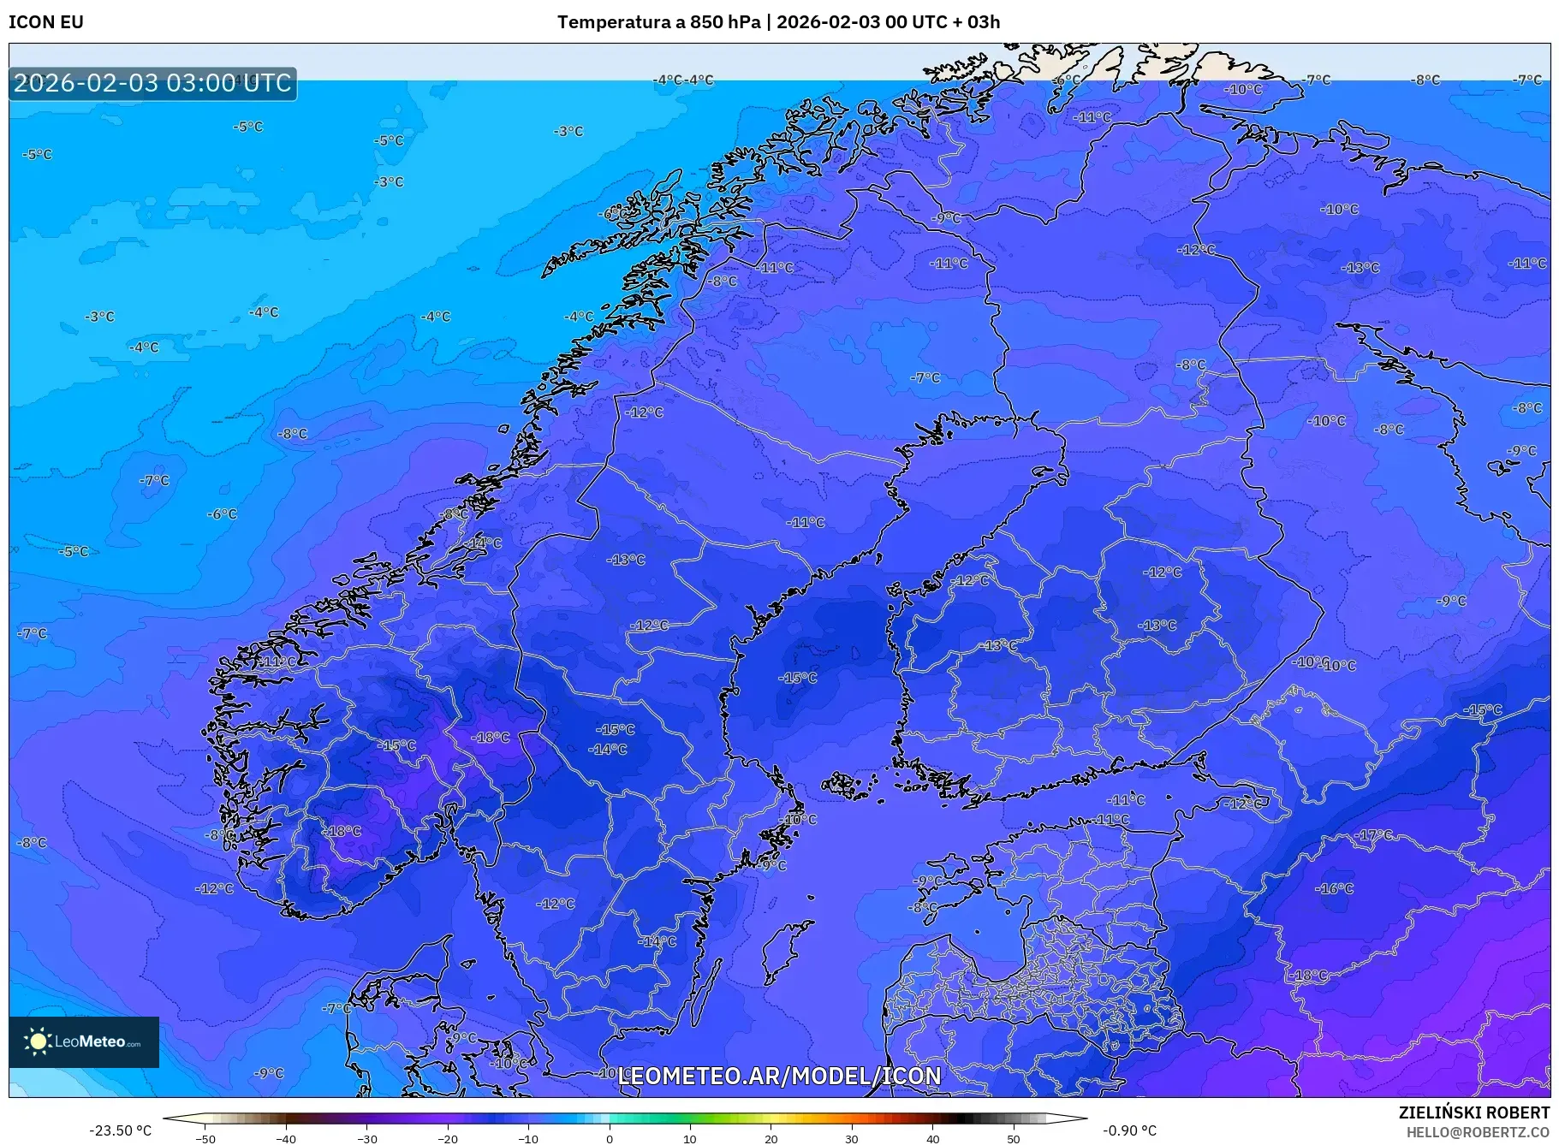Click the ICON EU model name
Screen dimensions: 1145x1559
point(46,22)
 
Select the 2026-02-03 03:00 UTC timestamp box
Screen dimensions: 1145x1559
point(152,84)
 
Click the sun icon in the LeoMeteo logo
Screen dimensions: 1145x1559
point(38,1041)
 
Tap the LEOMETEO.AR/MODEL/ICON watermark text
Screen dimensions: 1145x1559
point(779,1077)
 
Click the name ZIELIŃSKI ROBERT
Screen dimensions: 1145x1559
point(1473,1112)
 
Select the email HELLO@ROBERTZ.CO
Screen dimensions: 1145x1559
point(1478,1132)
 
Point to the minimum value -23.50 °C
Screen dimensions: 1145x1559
point(121,1130)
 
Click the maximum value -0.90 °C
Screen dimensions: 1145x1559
point(1129,1130)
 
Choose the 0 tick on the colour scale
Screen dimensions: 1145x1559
point(610,1139)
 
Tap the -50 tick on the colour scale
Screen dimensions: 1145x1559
point(205,1139)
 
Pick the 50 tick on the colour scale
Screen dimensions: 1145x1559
point(1014,1139)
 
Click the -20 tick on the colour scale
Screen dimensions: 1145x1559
point(448,1139)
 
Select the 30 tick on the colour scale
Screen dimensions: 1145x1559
point(852,1139)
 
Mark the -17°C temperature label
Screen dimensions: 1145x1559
point(1375,835)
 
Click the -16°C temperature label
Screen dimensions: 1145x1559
point(1335,889)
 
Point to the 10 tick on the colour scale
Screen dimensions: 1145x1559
point(690,1139)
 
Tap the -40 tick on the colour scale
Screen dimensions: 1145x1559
point(286,1139)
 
